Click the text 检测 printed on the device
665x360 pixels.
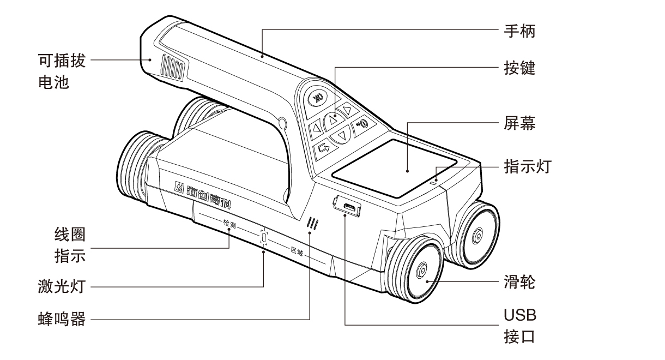(229, 224)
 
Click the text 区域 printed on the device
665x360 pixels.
(296, 251)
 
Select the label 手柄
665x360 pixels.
(519, 32)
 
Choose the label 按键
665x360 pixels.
(519, 68)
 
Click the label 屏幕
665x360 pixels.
(519, 124)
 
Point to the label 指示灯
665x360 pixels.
(527, 166)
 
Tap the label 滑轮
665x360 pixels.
(519, 283)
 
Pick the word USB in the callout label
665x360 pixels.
(520, 315)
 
